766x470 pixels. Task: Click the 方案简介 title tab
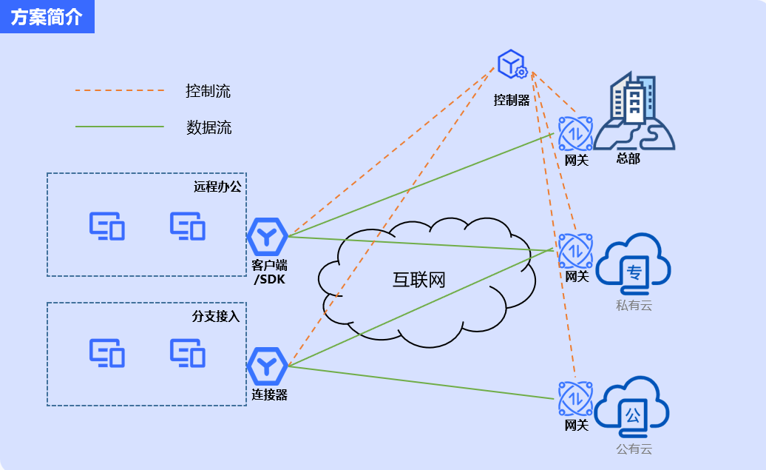[x=47, y=17]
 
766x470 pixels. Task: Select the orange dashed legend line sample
[x=119, y=91]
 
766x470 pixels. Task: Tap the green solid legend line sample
[x=119, y=127]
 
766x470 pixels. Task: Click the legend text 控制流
[x=208, y=91]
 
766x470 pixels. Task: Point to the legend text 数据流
[x=209, y=127]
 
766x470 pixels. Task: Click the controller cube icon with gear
[x=512, y=65]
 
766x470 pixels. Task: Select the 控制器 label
[x=512, y=100]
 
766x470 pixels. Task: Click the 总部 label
[x=628, y=158]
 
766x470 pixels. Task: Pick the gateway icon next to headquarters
[x=575, y=134]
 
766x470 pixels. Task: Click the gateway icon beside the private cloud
[x=575, y=251]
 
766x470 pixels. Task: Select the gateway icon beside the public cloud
[x=575, y=399]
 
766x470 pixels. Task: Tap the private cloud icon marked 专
[x=634, y=261]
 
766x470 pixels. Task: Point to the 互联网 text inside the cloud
[x=418, y=280]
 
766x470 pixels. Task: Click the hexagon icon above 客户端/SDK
[x=267, y=236]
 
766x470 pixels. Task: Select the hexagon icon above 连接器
[x=267, y=366]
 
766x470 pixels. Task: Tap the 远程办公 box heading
[x=217, y=187]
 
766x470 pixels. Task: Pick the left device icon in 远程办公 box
[x=107, y=226]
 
